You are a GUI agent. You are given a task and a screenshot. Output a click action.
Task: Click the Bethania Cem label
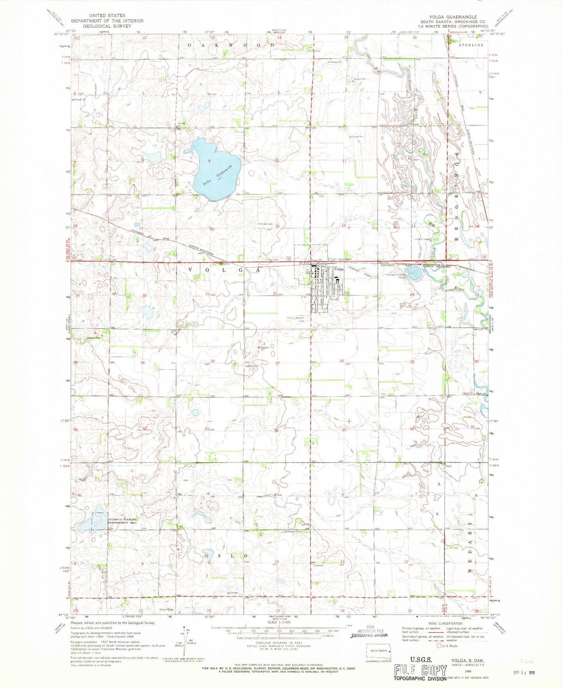tap(294, 531)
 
